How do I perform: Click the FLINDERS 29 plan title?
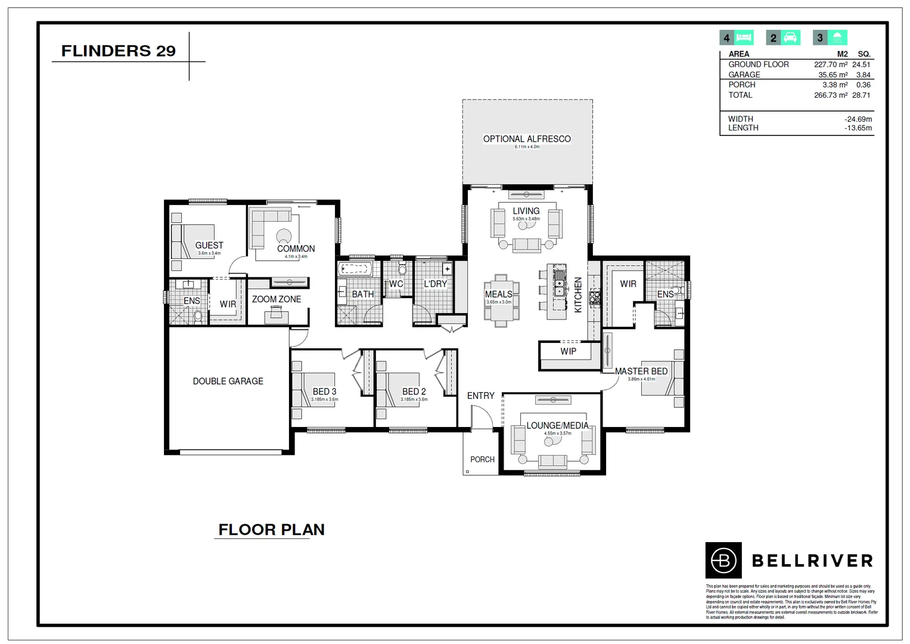tap(118, 51)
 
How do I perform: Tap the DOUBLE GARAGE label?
tap(228, 381)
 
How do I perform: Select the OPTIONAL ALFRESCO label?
tap(527, 139)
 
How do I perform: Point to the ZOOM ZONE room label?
tap(277, 299)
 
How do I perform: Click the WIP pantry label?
tap(568, 351)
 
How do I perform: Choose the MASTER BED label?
tap(641, 371)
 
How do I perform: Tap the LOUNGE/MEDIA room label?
tap(557, 426)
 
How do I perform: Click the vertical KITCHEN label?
tap(577, 295)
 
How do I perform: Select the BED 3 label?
tap(324, 392)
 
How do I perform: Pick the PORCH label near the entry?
tap(482, 460)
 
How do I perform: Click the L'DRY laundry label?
tap(435, 284)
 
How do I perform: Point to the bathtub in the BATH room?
tap(356, 270)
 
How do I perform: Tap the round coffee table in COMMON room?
tap(284, 236)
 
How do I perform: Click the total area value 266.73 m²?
tap(830, 95)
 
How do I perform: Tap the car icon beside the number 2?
tap(790, 38)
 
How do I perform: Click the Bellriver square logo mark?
tap(723, 561)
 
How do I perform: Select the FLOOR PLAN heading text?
tap(271, 530)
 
